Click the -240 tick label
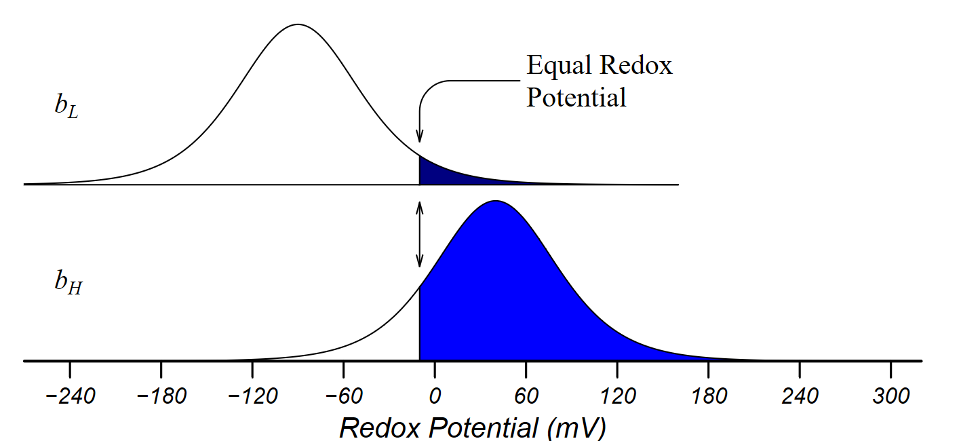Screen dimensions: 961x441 [71, 396]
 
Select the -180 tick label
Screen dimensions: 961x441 [161, 396]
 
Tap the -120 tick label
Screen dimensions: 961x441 [253, 396]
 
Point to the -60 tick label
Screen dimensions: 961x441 [344, 396]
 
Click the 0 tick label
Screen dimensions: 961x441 [435, 396]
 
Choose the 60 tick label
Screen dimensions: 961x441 [526, 396]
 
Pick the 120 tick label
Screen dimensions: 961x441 [618, 396]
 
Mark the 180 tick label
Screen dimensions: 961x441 [709, 396]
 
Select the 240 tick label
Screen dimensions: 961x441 [800, 396]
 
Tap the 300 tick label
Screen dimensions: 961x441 [891, 396]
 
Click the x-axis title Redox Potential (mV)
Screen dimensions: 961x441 [473, 428]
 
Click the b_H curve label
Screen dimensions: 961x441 [68, 283]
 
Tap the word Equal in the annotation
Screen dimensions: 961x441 [559, 66]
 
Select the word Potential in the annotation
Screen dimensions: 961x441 [576, 98]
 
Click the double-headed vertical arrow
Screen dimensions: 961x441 [420, 234]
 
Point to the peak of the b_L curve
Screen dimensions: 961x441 [298, 24]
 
